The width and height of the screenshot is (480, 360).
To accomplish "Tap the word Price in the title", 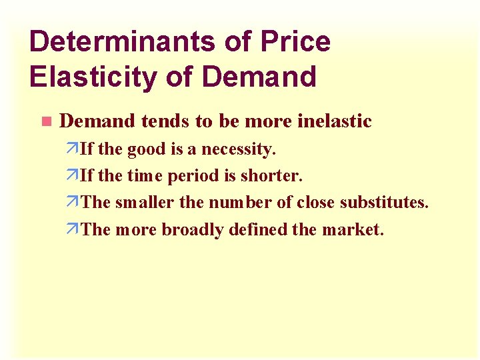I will coord(295,42).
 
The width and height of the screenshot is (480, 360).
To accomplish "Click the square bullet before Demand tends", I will coord(45,122).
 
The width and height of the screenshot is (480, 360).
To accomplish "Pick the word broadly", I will coord(193,230).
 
